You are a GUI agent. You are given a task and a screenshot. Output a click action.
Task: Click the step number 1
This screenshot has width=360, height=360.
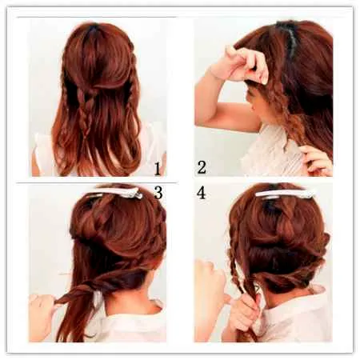[x=157, y=169]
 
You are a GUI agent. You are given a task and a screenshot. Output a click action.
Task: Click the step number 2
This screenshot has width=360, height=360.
[x=202, y=167]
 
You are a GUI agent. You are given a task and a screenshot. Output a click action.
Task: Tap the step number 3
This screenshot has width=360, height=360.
[x=158, y=193]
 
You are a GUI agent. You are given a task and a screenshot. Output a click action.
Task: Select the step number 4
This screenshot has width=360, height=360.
[x=202, y=193]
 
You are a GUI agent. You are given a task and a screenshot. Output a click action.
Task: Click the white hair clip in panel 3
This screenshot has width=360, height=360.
[x=118, y=193]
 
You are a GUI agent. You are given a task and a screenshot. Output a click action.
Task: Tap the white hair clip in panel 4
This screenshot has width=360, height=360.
[x=285, y=194]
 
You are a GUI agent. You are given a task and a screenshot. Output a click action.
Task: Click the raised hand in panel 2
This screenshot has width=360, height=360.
[x=246, y=64]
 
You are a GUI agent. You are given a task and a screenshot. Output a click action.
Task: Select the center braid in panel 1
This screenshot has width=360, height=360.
[x=86, y=112]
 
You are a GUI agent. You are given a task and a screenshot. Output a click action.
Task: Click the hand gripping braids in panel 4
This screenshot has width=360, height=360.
[x=244, y=310]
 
